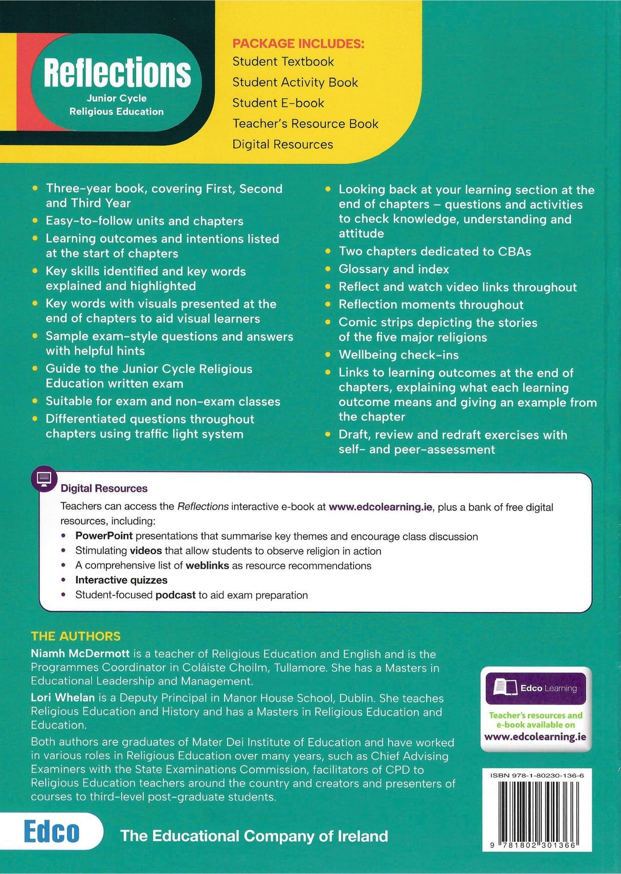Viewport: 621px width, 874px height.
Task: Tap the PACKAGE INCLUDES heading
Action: [298, 43]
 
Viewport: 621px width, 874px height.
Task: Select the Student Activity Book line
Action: [295, 82]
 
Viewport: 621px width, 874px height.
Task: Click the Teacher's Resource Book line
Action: [305, 124]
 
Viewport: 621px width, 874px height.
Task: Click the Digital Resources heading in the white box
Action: [104, 488]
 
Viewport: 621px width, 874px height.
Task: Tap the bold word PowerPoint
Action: [104, 536]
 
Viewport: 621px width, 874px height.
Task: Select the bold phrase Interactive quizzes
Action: [121, 580]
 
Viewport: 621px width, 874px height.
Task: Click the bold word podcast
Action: [175, 595]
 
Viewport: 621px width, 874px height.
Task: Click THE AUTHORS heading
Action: [76, 636]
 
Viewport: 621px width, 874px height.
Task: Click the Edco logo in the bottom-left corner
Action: [51, 832]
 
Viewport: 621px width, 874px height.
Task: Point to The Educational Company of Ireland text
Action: [254, 836]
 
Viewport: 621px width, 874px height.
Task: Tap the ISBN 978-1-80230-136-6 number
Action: [537, 776]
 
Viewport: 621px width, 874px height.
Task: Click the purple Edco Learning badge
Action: [535, 688]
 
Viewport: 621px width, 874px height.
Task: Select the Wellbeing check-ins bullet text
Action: [398, 355]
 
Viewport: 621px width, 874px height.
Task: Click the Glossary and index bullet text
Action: [393, 269]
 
